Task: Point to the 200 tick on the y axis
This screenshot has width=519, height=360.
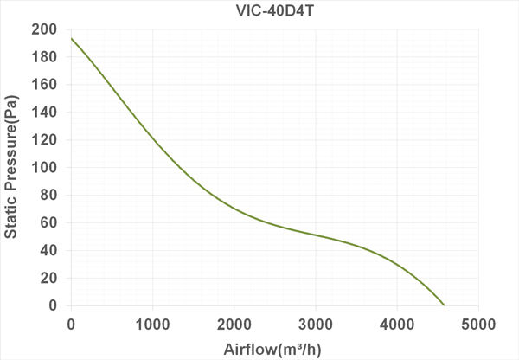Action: (x=46, y=29)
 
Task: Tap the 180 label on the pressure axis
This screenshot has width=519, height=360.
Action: (x=46, y=57)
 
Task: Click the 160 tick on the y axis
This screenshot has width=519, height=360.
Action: (x=46, y=85)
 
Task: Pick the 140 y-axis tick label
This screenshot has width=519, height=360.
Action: (x=46, y=112)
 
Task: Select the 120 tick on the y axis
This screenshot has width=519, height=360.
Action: (x=46, y=140)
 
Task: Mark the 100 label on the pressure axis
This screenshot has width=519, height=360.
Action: (x=46, y=168)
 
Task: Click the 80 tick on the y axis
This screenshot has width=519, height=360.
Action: (x=49, y=196)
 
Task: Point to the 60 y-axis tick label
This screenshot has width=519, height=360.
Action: (x=49, y=223)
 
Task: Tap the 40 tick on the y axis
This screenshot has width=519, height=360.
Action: (x=49, y=251)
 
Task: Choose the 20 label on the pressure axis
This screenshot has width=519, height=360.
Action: (x=49, y=279)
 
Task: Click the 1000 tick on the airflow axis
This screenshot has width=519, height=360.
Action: (x=152, y=324)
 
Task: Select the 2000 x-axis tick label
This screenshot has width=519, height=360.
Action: (x=234, y=324)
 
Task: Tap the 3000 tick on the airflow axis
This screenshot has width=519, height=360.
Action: (x=315, y=324)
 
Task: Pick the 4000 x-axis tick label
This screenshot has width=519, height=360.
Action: (x=396, y=324)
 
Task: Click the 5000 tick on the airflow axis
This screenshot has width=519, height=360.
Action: (x=477, y=324)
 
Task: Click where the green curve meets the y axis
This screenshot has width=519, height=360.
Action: (x=71, y=38)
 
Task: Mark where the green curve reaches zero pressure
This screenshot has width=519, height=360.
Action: (x=444, y=305)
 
